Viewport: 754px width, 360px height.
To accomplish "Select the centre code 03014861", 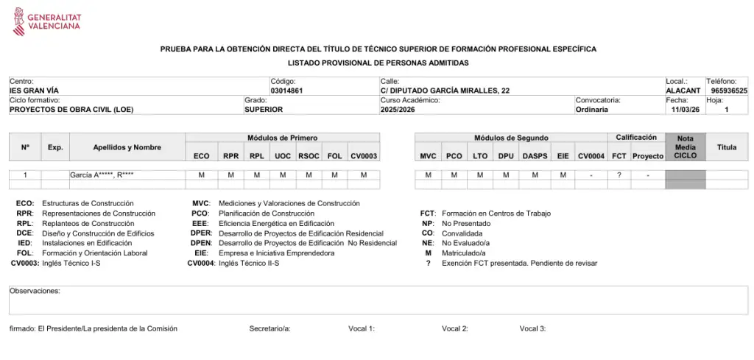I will click(x=287, y=91).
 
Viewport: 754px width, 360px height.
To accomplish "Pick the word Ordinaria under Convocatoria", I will click(x=592, y=109).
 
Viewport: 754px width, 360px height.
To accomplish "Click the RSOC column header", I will click(x=309, y=156).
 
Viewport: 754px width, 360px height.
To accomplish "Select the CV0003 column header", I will click(x=364, y=156).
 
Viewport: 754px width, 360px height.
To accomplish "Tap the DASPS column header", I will click(x=535, y=156).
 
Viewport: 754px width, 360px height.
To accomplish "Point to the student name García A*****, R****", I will click(x=102, y=175).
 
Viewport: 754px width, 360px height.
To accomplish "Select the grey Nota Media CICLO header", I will click(x=685, y=147).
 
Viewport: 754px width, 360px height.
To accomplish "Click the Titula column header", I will click(x=727, y=147).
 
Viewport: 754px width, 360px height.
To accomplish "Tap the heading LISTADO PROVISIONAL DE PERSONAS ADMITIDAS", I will click(x=378, y=63).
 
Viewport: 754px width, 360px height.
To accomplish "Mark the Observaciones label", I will click(x=35, y=291).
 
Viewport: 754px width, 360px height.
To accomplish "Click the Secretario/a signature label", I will click(x=269, y=328).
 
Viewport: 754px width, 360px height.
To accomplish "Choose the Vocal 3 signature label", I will click(x=532, y=328).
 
